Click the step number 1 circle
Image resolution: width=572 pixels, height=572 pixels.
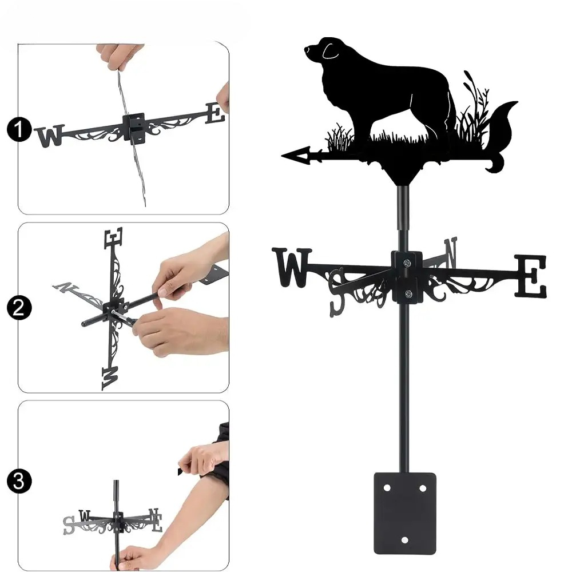point(19,130)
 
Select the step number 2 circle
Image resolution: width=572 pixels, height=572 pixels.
point(19,308)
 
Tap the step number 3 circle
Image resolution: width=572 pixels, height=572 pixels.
point(19,481)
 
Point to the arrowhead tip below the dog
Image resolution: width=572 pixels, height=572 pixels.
point(282,156)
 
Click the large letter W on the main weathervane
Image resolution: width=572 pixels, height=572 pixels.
point(292,267)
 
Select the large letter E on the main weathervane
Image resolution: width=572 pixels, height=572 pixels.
point(531,276)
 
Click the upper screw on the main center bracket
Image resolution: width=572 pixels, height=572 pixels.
point(407,263)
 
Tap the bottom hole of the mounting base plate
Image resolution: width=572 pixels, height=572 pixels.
point(405,540)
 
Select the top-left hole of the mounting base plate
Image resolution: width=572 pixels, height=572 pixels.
point(387,488)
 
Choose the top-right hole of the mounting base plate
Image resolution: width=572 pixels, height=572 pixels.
point(423,488)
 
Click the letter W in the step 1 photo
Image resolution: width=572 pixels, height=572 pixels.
point(50,136)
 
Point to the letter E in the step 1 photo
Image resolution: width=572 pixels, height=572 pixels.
point(215,113)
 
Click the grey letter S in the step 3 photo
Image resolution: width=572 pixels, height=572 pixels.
point(69,525)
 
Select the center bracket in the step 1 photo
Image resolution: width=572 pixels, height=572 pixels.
point(134,128)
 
